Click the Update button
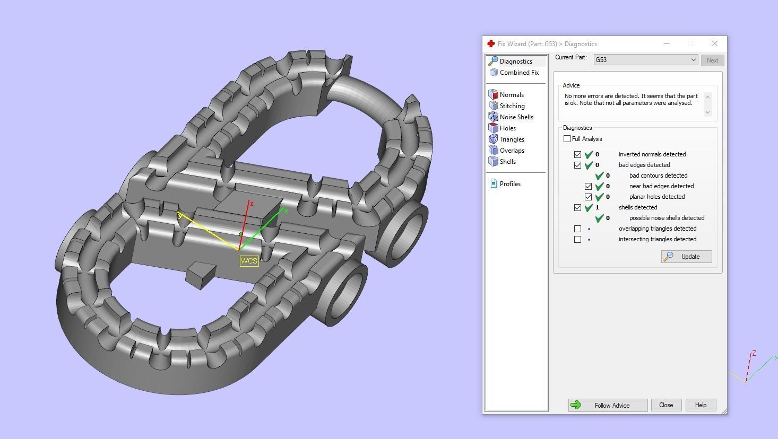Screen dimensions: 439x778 (686, 257)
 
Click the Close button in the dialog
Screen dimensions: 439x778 (665, 405)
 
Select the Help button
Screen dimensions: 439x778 (701, 405)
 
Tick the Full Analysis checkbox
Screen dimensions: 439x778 (567, 139)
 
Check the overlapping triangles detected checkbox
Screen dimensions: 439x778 (577, 229)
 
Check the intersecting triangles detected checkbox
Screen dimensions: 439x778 (577, 239)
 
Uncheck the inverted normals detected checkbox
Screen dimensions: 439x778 (577, 154)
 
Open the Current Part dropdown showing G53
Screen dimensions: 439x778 (645, 60)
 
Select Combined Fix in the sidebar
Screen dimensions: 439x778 (518, 73)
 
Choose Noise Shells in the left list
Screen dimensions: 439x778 (516, 117)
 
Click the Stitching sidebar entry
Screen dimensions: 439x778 (512, 106)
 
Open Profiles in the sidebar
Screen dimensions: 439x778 (509, 184)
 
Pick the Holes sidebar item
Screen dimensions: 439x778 (507, 128)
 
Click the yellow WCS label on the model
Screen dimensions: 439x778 (249, 261)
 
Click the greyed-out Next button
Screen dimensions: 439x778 (712, 60)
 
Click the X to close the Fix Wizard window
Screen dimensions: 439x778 (714, 43)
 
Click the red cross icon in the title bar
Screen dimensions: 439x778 (491, 43)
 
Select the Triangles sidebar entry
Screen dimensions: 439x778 (512, 139)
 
